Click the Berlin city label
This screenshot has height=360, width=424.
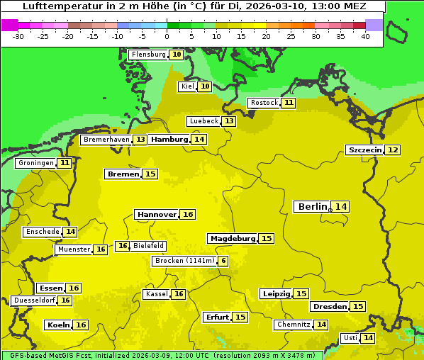tap(312, 207)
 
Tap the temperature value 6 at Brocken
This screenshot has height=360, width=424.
tap(223, 261)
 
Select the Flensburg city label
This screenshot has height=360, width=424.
tap(148, 55)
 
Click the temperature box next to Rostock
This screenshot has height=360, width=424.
tap(288, 103)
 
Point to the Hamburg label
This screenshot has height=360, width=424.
tap(169, 140)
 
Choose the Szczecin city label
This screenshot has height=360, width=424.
tap(364, 150)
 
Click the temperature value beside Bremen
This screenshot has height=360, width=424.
tap(150, 174)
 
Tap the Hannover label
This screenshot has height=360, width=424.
tap(156, 214)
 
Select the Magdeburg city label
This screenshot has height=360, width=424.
tap(232, 239)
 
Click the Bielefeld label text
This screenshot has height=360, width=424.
tap(148, 246)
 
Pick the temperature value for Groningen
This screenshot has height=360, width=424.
tap(65, 163)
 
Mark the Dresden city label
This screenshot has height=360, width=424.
tap(329, 307)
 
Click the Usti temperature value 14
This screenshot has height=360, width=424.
tap(368, 338)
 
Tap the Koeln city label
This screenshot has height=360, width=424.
tap(57, 325)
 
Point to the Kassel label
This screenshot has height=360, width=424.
tap(156, 294)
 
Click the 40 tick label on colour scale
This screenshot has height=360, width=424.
tap(365, 36)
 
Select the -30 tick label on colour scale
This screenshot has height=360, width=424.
tap(18, 36)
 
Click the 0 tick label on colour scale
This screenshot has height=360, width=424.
tap(167, 36)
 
